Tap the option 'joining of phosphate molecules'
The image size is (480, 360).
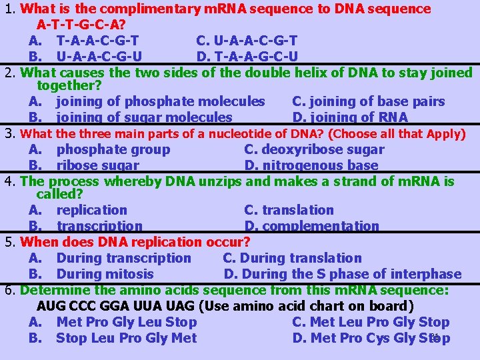pos(160,101)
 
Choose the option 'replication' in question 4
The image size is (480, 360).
pos(91,210)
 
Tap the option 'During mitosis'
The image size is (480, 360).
pos(105,274)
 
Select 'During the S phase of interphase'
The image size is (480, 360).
pos(351,274)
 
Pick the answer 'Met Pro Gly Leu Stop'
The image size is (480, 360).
pos(126,322)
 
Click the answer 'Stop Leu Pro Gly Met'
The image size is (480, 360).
pos(126,338)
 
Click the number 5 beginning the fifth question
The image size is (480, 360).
pos(9,242)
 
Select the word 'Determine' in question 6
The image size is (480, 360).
pos(53,290)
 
